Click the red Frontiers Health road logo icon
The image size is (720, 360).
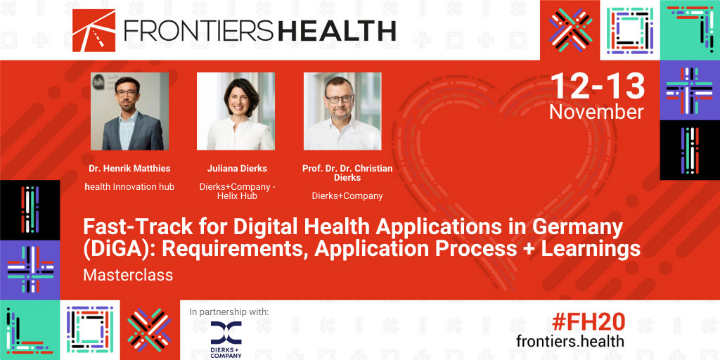coord(94,30)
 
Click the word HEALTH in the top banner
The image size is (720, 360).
coord(337,31)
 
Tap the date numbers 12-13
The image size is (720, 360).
coord(598,86)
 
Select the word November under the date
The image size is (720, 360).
coord(596,112)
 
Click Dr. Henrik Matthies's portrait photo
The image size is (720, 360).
coord(129,111)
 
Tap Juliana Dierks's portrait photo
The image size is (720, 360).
coord(236,111)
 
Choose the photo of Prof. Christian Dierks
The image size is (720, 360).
coord(342,111)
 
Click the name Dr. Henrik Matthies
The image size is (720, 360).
coord(129,169)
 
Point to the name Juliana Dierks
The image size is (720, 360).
coord(237,169)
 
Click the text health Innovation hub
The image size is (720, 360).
coord(129,187)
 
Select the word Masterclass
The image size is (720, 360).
coord(128,275)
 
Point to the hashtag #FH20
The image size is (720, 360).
coord(588,322)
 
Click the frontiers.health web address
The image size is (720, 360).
coord(570,341)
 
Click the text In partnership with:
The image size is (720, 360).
coord(229,312)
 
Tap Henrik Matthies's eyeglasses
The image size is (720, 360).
coord(127,93)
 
